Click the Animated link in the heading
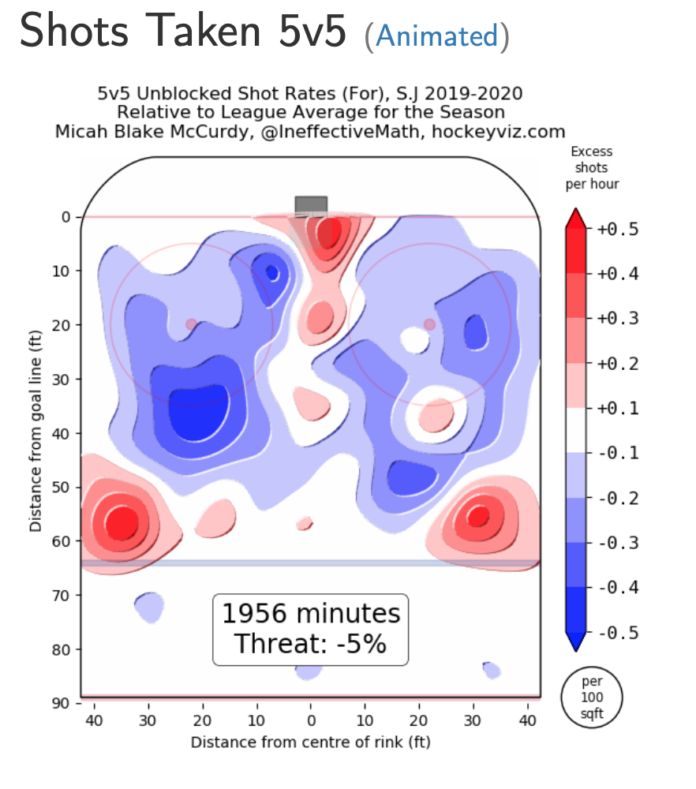[437, 36]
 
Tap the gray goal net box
[311, 205]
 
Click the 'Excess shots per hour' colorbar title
[592, 167]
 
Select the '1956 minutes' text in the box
[311, 614]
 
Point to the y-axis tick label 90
[62, 703]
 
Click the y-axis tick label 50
[62, 487]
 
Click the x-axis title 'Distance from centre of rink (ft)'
[310, 742]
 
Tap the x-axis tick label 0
[311, 720]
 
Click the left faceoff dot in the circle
[192, 324]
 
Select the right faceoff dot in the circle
[429, 324]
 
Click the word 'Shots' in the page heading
[69, 33]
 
